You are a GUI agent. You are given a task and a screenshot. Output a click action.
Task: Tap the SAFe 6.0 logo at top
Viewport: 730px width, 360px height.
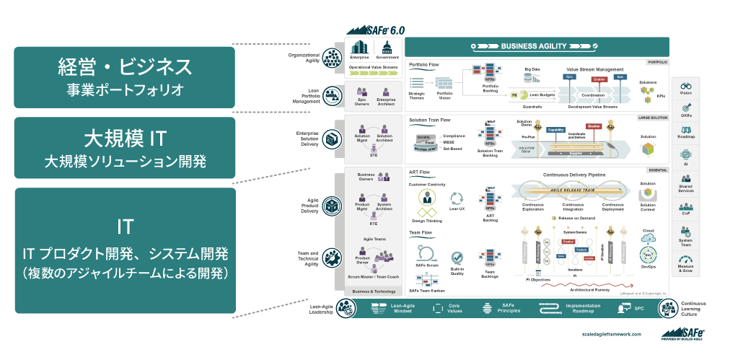pyautogui.click(x=375, y=30)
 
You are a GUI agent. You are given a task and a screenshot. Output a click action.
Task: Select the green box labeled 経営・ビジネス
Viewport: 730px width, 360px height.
pyautogui.click(x=125, y=77)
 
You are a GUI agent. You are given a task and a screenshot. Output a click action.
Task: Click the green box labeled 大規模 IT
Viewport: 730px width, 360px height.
pyautogui.click(x=125, y=147)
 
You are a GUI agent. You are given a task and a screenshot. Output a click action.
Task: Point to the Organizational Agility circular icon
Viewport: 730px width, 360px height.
pyautogui.click(x=333, y=57)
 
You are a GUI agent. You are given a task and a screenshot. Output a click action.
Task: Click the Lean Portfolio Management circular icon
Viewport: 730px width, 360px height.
pyautogui.click(x=333, y=95)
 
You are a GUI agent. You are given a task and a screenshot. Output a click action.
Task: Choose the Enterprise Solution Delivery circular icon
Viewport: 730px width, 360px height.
pyautogui.click(x=333, y=138)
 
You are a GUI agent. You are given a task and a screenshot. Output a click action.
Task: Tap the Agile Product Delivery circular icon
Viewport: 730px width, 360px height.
pyautogui.click(x=333, y=206)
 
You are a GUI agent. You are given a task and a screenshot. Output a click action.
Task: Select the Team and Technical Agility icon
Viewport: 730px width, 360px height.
pyautogui.click(x=333, y=257)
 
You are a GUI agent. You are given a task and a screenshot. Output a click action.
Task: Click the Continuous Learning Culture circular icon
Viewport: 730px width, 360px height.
pyautogui.click(x=667, y=308)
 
